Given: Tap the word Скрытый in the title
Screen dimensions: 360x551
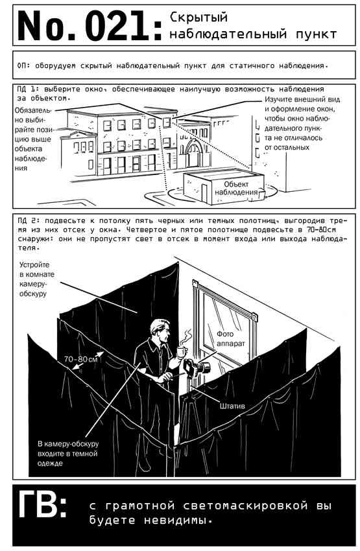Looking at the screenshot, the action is click(x=198, y=18).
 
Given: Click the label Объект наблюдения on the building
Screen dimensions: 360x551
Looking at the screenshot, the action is click(x=237, y=188).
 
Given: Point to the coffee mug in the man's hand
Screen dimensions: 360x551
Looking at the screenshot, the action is click(x=181, y=351).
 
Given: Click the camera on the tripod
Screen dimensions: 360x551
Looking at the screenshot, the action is click(x=197, y=368).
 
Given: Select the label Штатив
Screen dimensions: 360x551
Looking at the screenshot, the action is click(x=232, y=406).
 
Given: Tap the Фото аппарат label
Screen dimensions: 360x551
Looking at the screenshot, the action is click(x=231, y=339).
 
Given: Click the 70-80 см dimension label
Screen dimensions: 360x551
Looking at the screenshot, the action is click(x=80, y=359).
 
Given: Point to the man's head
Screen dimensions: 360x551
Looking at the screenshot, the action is click(x=160, y=329).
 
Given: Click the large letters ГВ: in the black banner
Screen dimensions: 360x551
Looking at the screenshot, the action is click(x=42, y=505).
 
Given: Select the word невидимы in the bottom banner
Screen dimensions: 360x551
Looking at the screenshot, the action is click(x=178, y=520).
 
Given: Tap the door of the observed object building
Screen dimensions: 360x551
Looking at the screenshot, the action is click(x=204, y=193).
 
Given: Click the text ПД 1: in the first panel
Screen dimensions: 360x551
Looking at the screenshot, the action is click(x=29, y=89).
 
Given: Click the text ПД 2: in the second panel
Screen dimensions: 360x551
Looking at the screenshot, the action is click(x=29, y=220).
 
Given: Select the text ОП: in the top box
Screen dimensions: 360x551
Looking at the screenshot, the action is click(x=24, y=65).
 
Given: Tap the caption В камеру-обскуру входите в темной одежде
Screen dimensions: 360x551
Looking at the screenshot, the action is click(x=68, y=453).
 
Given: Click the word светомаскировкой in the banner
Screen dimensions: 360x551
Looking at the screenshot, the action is click(x=245, y=506).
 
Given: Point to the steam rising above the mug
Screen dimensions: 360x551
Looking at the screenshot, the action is click(x=186, y=336).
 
